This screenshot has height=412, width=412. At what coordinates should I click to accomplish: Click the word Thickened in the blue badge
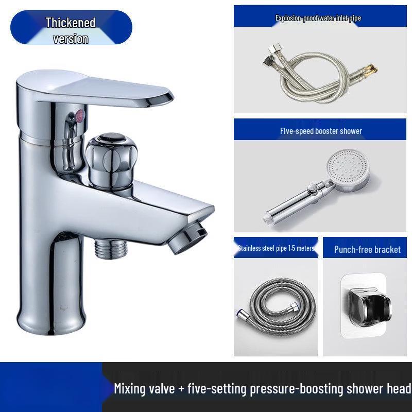[71, 23]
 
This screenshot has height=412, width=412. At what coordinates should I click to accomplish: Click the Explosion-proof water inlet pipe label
[318, 19]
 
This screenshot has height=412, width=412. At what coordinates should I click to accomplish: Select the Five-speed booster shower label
[321, 131]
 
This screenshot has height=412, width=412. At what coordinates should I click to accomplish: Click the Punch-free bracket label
[367, 250]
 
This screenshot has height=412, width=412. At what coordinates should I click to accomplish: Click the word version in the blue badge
[71, 39]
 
